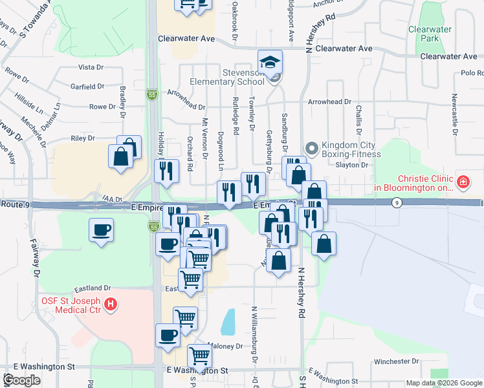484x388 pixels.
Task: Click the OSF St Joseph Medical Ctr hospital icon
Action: point(111,303)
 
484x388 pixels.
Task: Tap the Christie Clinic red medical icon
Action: point(463,182)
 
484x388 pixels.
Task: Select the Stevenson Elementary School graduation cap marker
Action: point(270,62)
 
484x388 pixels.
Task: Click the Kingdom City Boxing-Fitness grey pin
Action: point(311,149)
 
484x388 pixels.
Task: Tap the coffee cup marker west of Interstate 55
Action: point(102,230)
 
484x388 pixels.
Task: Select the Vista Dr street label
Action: point(91,67)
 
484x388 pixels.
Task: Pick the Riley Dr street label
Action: point(82,138)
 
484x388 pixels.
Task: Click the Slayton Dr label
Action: point(352,165)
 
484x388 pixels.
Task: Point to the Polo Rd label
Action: point(472,74)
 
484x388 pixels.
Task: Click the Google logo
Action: point(21,380)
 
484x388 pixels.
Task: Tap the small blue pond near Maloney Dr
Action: point(228,321)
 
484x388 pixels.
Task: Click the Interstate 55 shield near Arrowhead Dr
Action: point(151,94)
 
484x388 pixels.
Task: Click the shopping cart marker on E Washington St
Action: point(200,355)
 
